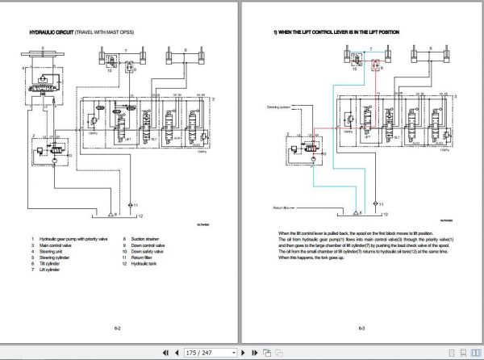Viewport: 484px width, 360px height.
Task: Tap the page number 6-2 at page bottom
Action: pyautogui.click(x=118, y=329)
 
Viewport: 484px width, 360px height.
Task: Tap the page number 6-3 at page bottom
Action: pyautogui.click(x=362, y=329)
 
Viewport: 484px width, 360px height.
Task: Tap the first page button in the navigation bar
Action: pyautogui.click(x=165, y=353)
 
